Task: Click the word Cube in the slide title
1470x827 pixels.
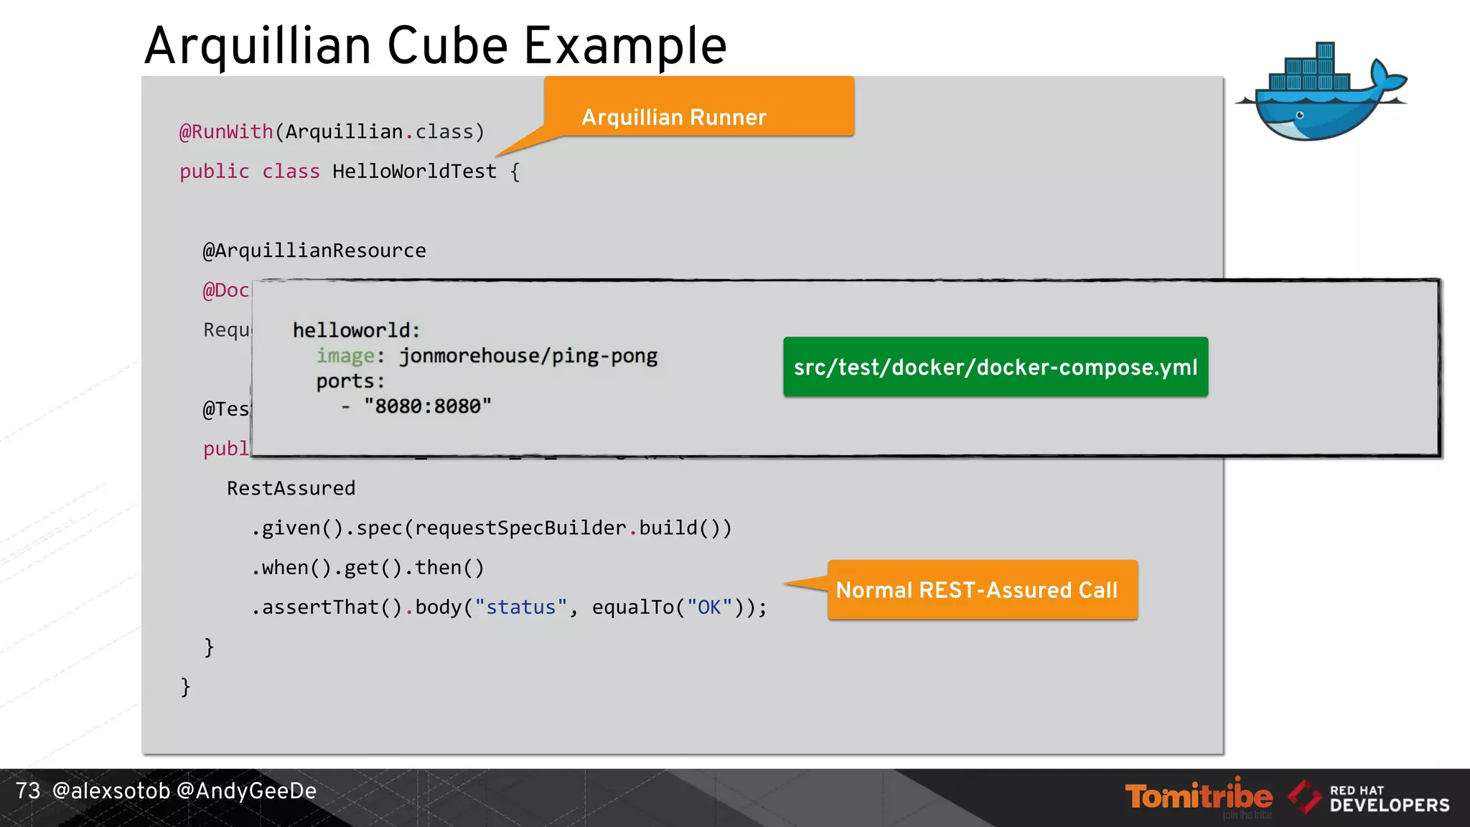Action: click(448, 46)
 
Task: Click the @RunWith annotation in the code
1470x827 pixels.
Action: click(226, 132)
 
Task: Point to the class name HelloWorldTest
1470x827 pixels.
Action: click(414, 172)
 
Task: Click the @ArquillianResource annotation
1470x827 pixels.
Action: click(314, 251)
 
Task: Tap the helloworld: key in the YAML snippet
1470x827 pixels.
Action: click(356, 330)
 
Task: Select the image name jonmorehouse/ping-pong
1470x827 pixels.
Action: click(528, 356)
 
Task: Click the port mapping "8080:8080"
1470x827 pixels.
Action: click(427, 406)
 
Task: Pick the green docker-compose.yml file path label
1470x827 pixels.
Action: click(996, 367)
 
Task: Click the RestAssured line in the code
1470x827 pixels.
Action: click(291, 488)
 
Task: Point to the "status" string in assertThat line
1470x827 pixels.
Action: click(521, 607)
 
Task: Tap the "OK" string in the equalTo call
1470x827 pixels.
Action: click(709, 607)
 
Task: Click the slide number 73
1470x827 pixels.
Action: click(28, 791)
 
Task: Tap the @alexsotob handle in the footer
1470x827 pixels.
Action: click(111, 791)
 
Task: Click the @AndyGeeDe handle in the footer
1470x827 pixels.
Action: click(246, 791)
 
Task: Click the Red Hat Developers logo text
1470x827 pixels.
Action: click(1389, 799)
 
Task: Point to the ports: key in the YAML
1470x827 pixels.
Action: click(350, 381)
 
